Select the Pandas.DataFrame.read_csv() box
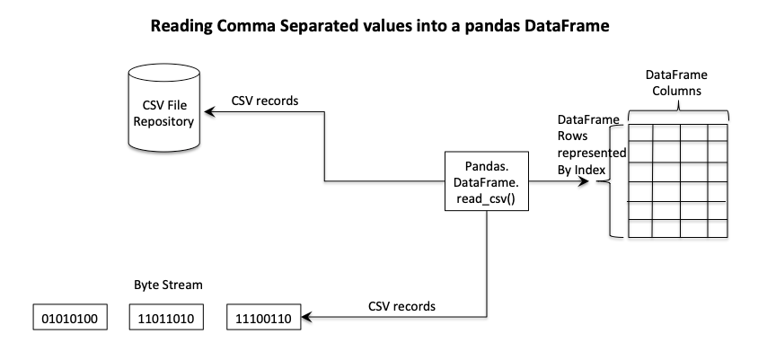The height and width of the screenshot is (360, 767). (x=486, y=183)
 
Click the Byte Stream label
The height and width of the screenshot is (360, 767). (x=163, y=285)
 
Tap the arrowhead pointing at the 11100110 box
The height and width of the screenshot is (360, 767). (x=305, y=318)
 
